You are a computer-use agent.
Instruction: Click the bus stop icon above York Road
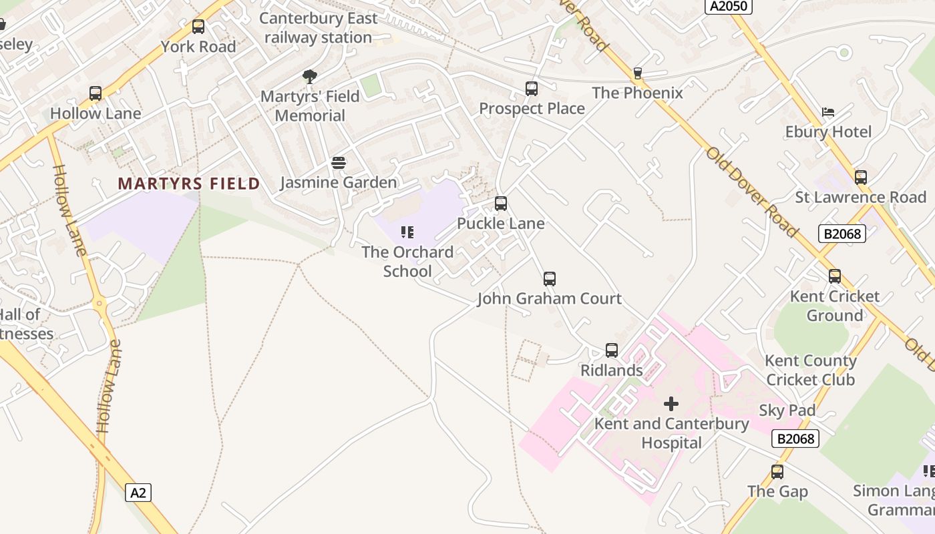198,27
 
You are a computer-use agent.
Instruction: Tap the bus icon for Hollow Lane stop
96,93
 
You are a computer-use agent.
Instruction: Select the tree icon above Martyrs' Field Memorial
309,77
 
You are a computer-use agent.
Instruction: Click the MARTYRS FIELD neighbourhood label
189,184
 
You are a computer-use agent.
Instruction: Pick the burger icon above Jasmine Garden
339,163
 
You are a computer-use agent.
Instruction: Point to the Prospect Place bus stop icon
532,89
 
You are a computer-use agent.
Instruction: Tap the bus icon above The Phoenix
637,73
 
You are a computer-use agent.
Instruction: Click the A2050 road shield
729,6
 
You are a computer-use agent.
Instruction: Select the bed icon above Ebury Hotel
828,112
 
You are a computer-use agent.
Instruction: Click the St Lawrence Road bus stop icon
861,178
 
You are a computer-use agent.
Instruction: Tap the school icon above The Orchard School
407,232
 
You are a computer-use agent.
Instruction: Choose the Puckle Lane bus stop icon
501,204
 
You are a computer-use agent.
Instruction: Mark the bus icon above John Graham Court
550,279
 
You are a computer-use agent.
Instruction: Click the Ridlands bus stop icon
612,350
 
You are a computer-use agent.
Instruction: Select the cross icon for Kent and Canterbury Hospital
671,404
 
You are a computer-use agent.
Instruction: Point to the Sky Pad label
787,411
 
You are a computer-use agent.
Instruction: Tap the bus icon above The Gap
777,472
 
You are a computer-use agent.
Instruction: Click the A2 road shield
138,493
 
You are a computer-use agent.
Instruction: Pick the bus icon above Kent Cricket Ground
835,276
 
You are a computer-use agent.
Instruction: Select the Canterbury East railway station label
319,28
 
